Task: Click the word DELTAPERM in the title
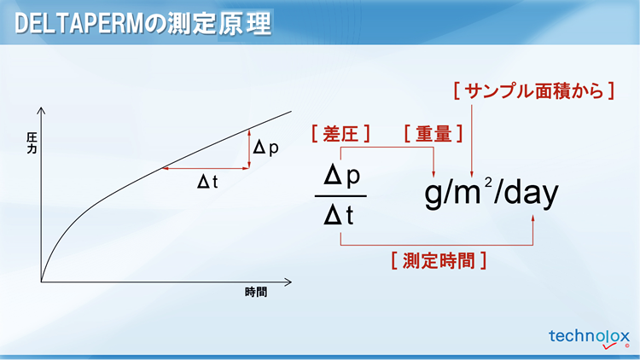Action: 79,24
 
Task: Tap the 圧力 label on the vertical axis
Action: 32,142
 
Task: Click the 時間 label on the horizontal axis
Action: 256,293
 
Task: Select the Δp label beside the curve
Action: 265,148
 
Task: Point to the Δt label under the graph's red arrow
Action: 207,182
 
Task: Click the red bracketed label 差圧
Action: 340,134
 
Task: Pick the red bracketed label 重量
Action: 433,134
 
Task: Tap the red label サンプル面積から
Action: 534,90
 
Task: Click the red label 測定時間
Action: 439,260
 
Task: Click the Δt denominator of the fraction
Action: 339,215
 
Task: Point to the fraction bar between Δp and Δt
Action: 340,196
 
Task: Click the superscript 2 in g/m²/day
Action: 488,182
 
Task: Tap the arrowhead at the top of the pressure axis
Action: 41,110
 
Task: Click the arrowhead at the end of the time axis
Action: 288,282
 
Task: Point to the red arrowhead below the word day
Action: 532,218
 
